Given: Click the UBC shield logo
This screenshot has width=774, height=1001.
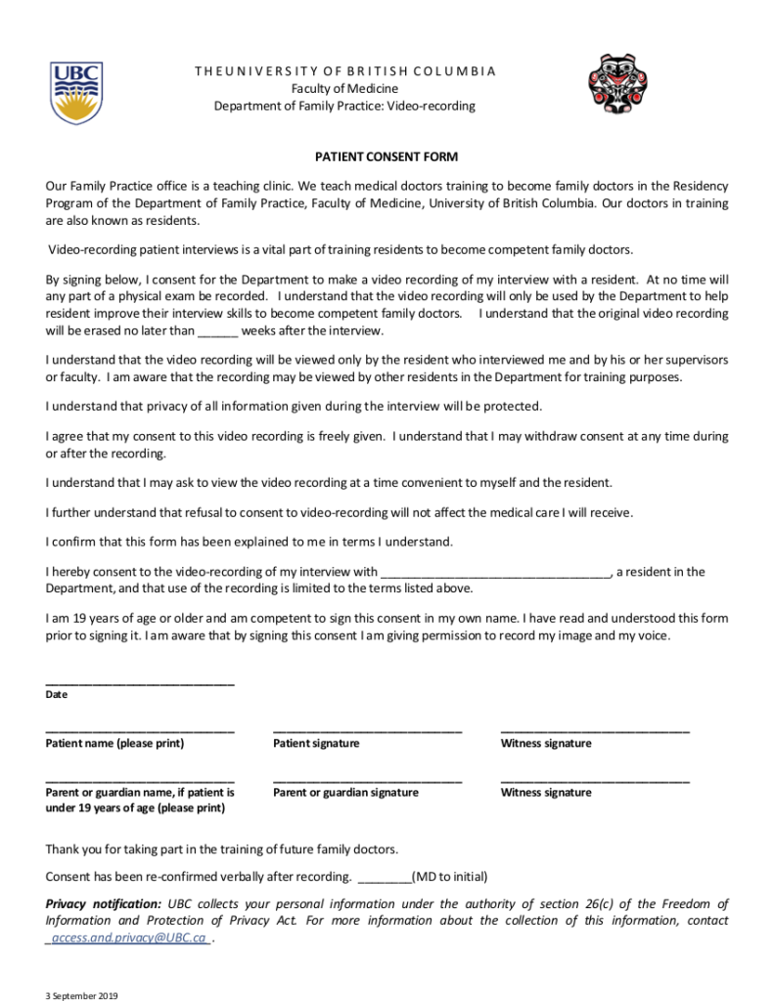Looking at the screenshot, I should click(x=76, y=93).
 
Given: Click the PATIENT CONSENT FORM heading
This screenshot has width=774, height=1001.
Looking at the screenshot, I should click(x=386, y=156).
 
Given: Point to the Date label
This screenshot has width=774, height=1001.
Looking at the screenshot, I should click(x=57, y=695).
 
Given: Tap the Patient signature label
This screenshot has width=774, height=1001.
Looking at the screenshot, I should click(x=316, y=744).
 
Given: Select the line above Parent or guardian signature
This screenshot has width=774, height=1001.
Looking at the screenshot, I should click(x=367, y=779).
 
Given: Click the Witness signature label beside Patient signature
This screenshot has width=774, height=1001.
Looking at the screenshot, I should click(x=546, y=744).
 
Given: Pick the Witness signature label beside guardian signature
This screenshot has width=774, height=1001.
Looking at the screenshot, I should click(x=546, y=793).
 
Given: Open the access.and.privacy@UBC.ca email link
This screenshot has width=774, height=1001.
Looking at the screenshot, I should click(x=129, y=938).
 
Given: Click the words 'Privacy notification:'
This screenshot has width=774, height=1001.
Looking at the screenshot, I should click(x=104, y=904).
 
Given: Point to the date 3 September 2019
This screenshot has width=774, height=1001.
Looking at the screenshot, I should click(x=81, y=995).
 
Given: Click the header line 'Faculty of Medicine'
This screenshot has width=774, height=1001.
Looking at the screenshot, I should click(x=344, y=89).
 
